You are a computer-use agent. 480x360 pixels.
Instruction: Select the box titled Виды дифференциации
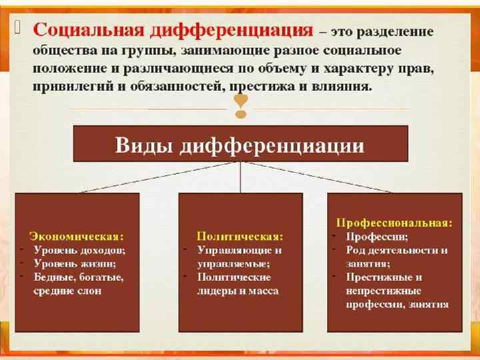(240, 145)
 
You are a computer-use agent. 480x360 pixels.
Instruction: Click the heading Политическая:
(240, 236)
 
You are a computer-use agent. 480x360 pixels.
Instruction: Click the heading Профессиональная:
(394, 221)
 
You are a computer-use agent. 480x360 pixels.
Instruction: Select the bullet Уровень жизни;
(74, 263)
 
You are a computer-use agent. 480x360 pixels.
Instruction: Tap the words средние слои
(68, 291)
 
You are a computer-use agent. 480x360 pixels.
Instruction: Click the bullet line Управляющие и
(239, 250)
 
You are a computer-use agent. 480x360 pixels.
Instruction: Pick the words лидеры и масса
(237, 291)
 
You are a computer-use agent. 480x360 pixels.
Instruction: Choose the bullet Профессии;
(377, 236)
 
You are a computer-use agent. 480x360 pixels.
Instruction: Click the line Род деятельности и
(397, 250)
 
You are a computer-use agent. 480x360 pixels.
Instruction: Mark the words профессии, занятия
(397, 304)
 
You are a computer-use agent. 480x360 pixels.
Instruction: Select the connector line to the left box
(159, 178)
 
